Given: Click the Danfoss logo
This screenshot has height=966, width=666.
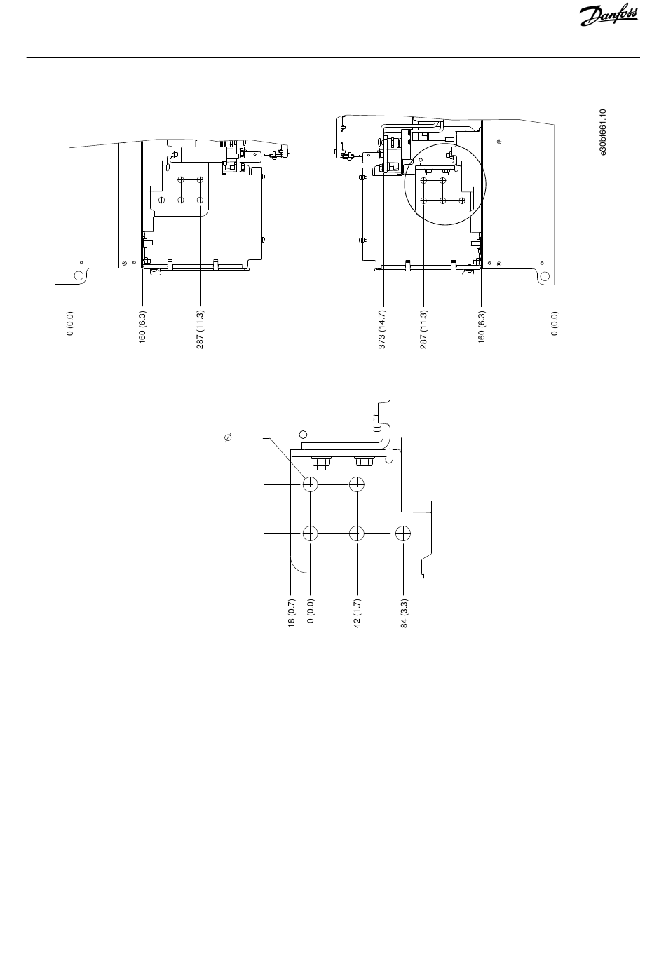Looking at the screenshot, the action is coord(609,16).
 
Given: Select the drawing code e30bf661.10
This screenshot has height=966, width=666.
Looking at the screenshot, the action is coord(603,132).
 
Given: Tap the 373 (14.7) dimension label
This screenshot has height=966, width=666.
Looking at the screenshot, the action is coord(382,329).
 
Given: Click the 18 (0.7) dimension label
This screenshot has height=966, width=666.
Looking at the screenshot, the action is coord(291,613).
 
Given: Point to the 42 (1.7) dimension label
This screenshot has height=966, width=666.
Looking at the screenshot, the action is coord(357,613).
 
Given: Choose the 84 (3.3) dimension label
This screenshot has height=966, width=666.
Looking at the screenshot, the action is coord(405,613).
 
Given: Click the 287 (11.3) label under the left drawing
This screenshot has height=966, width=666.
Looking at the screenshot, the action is coord(200,329).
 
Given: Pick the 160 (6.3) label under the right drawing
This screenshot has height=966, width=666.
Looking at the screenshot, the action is coord(482,327).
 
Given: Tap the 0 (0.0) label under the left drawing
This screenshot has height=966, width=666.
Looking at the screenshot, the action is coord(70,323).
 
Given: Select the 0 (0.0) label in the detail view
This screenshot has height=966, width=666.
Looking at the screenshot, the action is coord(311,611).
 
